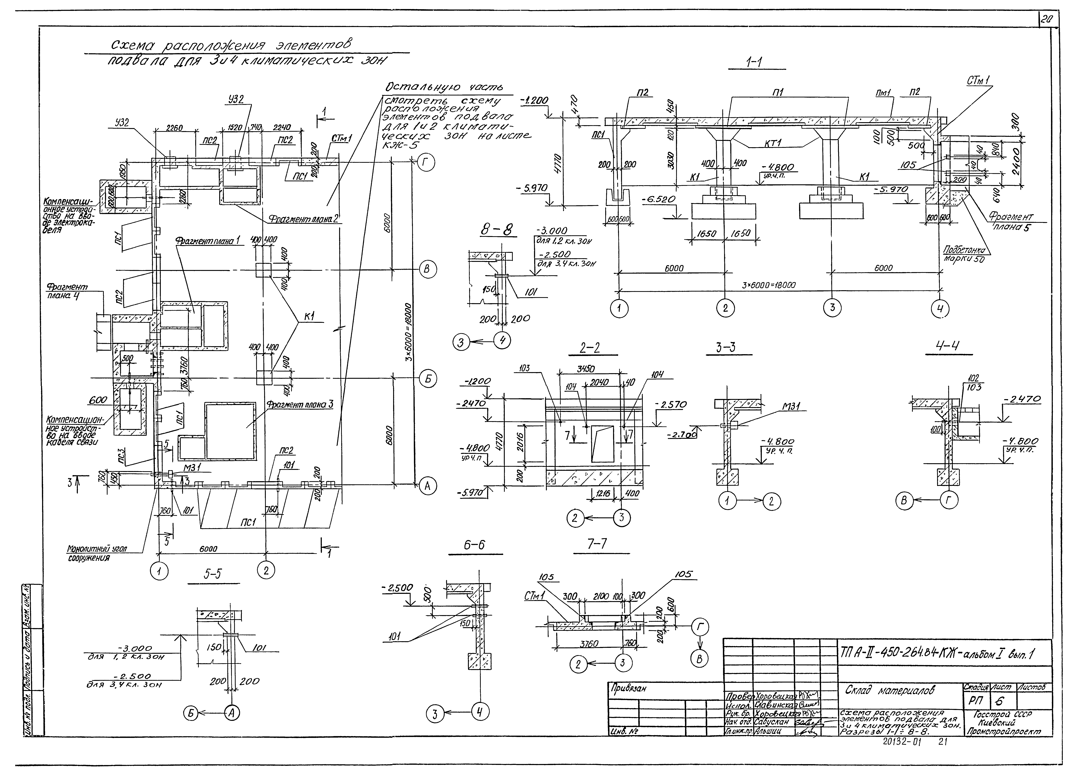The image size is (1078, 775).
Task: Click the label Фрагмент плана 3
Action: (299, 404)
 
